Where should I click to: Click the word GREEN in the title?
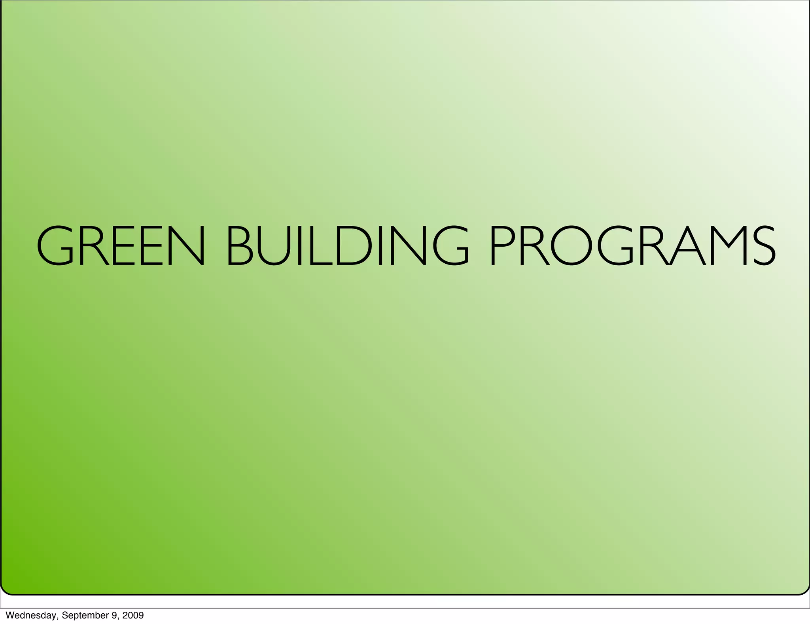tap(121, 245)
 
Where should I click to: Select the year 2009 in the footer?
tap(133, 615)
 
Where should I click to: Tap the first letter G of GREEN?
tap(55, 245)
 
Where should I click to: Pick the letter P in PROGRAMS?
tap(502, 245)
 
